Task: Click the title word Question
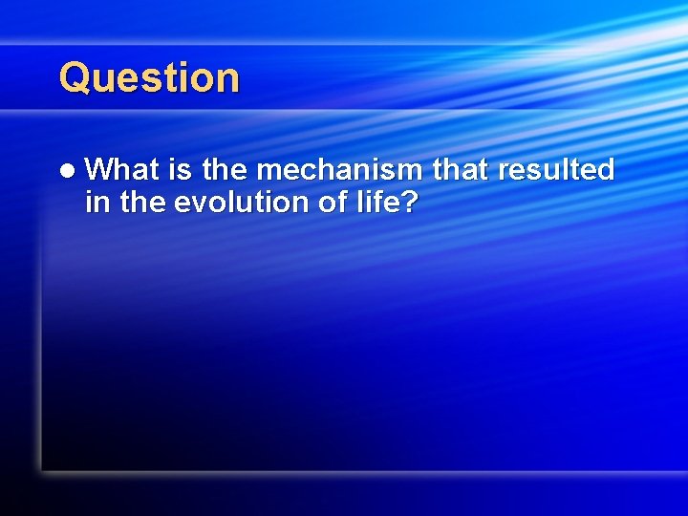[x=149, y=78]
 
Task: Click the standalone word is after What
[x=181, y=170]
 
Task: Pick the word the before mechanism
[x=226, y=170]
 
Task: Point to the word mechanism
[x=340, y=170]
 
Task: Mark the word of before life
[x=322, y=203]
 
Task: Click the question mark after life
[x=409, y=203]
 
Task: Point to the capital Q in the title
[x=75, y=78]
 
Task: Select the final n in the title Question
[x=228, y=80]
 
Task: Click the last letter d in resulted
[x=604, y=170]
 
